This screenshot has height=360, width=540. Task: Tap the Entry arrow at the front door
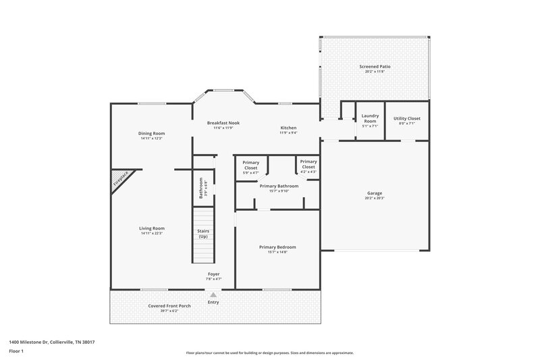pyautogui.click(x=213, y=295)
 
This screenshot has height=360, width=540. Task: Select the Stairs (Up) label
pyautogui.click(x=202, y=234)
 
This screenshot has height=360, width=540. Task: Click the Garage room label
pyautogui.click(x=375, y=193)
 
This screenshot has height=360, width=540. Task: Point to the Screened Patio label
pyautogui.click(x=375, y=67)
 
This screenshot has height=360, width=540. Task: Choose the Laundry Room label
pyautogui.click(x=370, y=118)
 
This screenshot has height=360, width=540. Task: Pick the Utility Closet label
pyautogui.click(x=406, y=118)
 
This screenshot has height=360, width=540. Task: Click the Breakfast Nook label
pyautogui.click(x=223, y=123)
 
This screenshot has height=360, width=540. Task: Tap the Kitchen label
pyautogui.click(x=288, y=128)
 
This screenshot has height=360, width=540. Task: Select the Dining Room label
pyautogui.click(x=152, y=133)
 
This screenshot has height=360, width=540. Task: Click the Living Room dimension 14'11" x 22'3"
pyautogui.click(x=152, y=234)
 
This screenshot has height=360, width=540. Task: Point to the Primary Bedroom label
pyautogui.click(x=277, y=247)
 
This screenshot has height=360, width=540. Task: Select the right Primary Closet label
pyautogui.click(x=308, y=164)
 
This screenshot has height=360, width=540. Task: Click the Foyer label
pyautogui.click(x=213, y=274)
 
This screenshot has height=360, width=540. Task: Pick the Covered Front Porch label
pyautogui.click(x=169, y=306)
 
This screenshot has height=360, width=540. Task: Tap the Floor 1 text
pyautogui.click(x=16, y=351)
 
